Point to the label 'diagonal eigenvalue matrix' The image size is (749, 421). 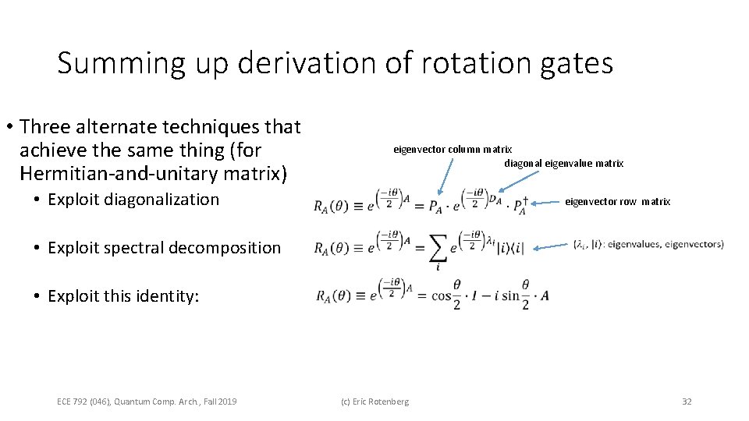tap(563, 163)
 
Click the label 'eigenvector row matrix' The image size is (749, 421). tap(617, 202)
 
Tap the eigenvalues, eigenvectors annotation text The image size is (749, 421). tap(648, 245)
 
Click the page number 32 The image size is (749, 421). tap(687, 402)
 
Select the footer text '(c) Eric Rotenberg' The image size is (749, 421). tap(374, 402)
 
